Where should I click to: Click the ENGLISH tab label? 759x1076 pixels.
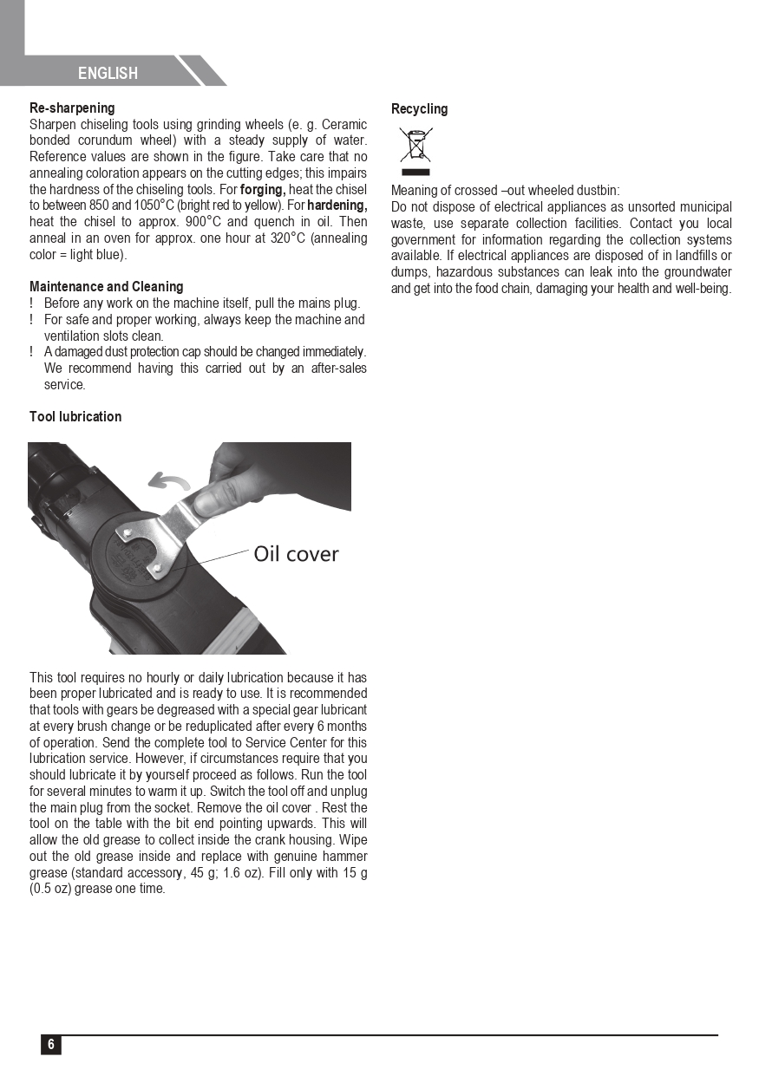[x=108, y=73]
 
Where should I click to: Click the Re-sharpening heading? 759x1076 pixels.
[x=72, y=108]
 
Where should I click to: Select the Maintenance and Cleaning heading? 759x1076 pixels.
[x=107, y=286]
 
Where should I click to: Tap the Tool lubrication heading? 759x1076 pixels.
[x=75, y=416]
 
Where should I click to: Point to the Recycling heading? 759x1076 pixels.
[x=419, y=108]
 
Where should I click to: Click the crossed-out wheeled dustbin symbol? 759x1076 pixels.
[x=415, y=145]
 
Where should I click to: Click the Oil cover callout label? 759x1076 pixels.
[x=296, y=553]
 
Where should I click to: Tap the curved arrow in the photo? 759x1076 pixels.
[x=169, y=479]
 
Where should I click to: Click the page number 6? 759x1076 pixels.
[x=51, y=1044]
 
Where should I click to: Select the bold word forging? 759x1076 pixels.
[x=263, y=189]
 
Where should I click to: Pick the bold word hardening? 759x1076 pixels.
[x=337, y=205]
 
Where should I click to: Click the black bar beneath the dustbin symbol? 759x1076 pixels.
[x=415, y=173]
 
